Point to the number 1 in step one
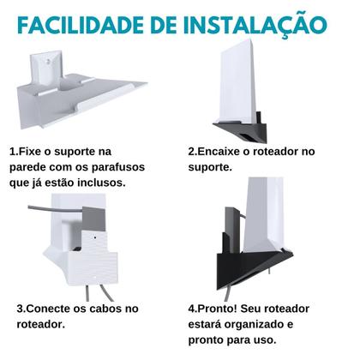point(13,152)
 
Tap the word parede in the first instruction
point(31,167)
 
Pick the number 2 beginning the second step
point(193,152)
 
